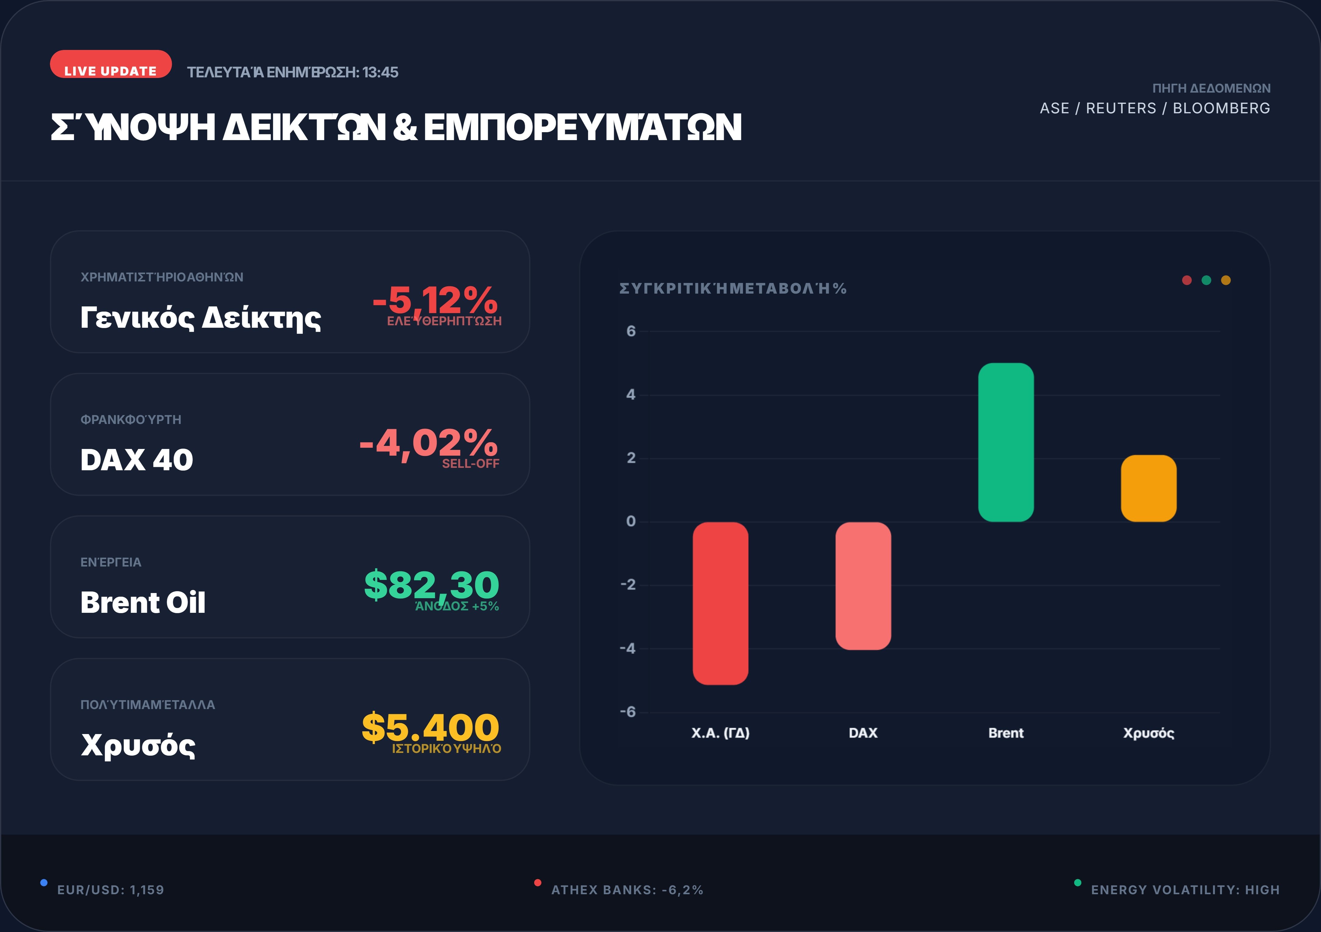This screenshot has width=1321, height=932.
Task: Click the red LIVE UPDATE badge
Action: coord(111,65)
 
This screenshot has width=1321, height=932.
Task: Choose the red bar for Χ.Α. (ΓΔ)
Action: coord(720,603)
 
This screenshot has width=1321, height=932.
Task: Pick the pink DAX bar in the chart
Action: coord(863,586)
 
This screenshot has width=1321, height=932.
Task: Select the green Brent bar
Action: coord(1006,442)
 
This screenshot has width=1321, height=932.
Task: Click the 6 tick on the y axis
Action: coord(631,331)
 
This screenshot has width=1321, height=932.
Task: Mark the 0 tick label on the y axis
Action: coord(631,521)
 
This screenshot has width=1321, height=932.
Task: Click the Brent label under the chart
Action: coord(1006,733)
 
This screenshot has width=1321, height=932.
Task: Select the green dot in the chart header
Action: coord(1206,280)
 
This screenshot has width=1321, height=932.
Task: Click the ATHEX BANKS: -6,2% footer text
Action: coord(627,890)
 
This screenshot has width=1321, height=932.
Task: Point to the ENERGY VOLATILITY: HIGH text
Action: coord(1185,890)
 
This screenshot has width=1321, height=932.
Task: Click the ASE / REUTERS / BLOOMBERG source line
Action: coord(1155,108)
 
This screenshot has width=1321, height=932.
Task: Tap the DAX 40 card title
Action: coord(137,460)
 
